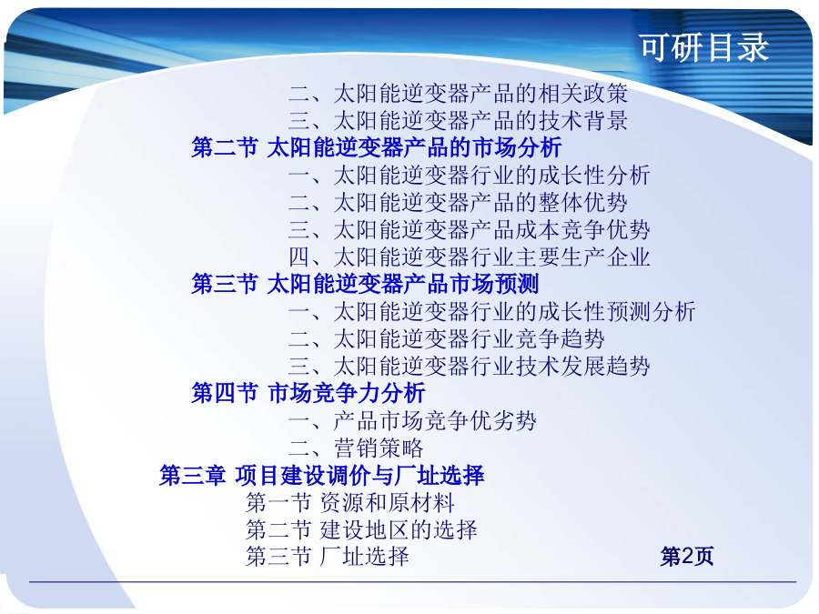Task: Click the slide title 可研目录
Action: coord(704,47)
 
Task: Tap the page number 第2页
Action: coord(687,557)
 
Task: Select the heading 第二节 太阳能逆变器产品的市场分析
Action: coord(377,147)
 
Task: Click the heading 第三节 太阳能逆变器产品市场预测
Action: coord(365,284)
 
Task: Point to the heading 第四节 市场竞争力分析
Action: coord(308,393)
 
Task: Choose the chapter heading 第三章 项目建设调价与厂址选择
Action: coord(322,476)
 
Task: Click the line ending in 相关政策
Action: coord(458,94)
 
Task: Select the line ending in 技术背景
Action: coord(458,121)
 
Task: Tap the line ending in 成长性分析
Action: coord(470,176)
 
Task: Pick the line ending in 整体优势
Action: coord(458,203)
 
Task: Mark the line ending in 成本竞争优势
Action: coord(470,230)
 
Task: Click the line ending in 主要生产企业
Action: coord(470,257)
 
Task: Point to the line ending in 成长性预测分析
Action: coord(492,312)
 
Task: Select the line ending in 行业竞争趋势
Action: coord(447,339)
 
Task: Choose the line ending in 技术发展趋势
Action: coord(470,366)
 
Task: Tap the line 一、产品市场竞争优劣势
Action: coord(412,421)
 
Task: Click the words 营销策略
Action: coord(379,448)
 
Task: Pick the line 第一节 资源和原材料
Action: coord(350,503)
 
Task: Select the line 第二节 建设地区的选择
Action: coord(361,530)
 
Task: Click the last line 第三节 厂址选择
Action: coord(328,557)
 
